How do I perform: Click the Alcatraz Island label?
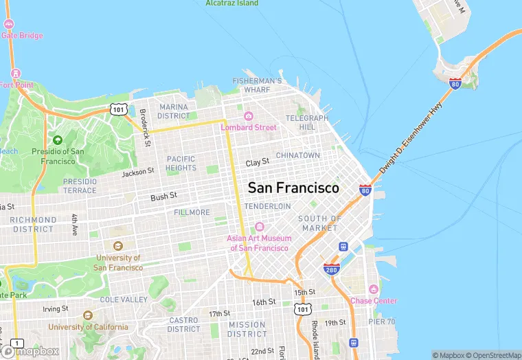232,3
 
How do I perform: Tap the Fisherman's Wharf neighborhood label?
257,85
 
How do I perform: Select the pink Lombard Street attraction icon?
249,115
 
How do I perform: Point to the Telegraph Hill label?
307,122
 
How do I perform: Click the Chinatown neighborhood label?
298,155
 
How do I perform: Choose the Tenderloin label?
267,206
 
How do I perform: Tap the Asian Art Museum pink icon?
259,227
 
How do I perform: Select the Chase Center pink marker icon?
373,289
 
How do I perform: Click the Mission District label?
247,329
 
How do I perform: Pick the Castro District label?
183,324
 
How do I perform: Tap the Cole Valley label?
124,300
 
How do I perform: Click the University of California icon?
87,315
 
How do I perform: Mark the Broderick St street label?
144,128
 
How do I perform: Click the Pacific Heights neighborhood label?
181,163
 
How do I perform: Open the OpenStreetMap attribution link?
492,355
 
